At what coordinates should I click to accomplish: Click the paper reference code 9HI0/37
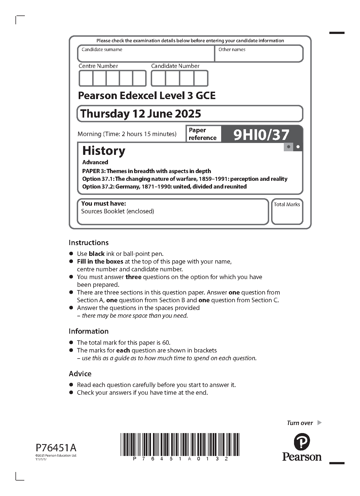point(261,135)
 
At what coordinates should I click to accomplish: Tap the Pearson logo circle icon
point(301,441)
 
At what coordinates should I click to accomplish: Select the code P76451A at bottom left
point(56,447)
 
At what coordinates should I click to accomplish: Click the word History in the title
point(104,151)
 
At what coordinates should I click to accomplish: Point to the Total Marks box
point(287,211)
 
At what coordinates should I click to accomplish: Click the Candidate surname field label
point(102,50)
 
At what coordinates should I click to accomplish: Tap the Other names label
point(232,50)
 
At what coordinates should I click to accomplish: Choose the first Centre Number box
point(86,78)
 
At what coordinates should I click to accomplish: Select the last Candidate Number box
point(201,78)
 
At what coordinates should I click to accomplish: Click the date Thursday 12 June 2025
point(141,114)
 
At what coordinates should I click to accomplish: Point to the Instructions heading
point(89,243)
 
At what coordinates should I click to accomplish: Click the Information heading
point(89,331)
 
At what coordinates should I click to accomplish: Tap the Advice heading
point(80,374)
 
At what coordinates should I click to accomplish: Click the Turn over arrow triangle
point(319,423)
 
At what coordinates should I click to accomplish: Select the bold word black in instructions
point(97,254)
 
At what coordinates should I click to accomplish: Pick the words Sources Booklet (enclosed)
point(118,211)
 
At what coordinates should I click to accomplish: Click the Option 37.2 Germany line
point(164,187)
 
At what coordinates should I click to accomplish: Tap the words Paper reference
point(202,134)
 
